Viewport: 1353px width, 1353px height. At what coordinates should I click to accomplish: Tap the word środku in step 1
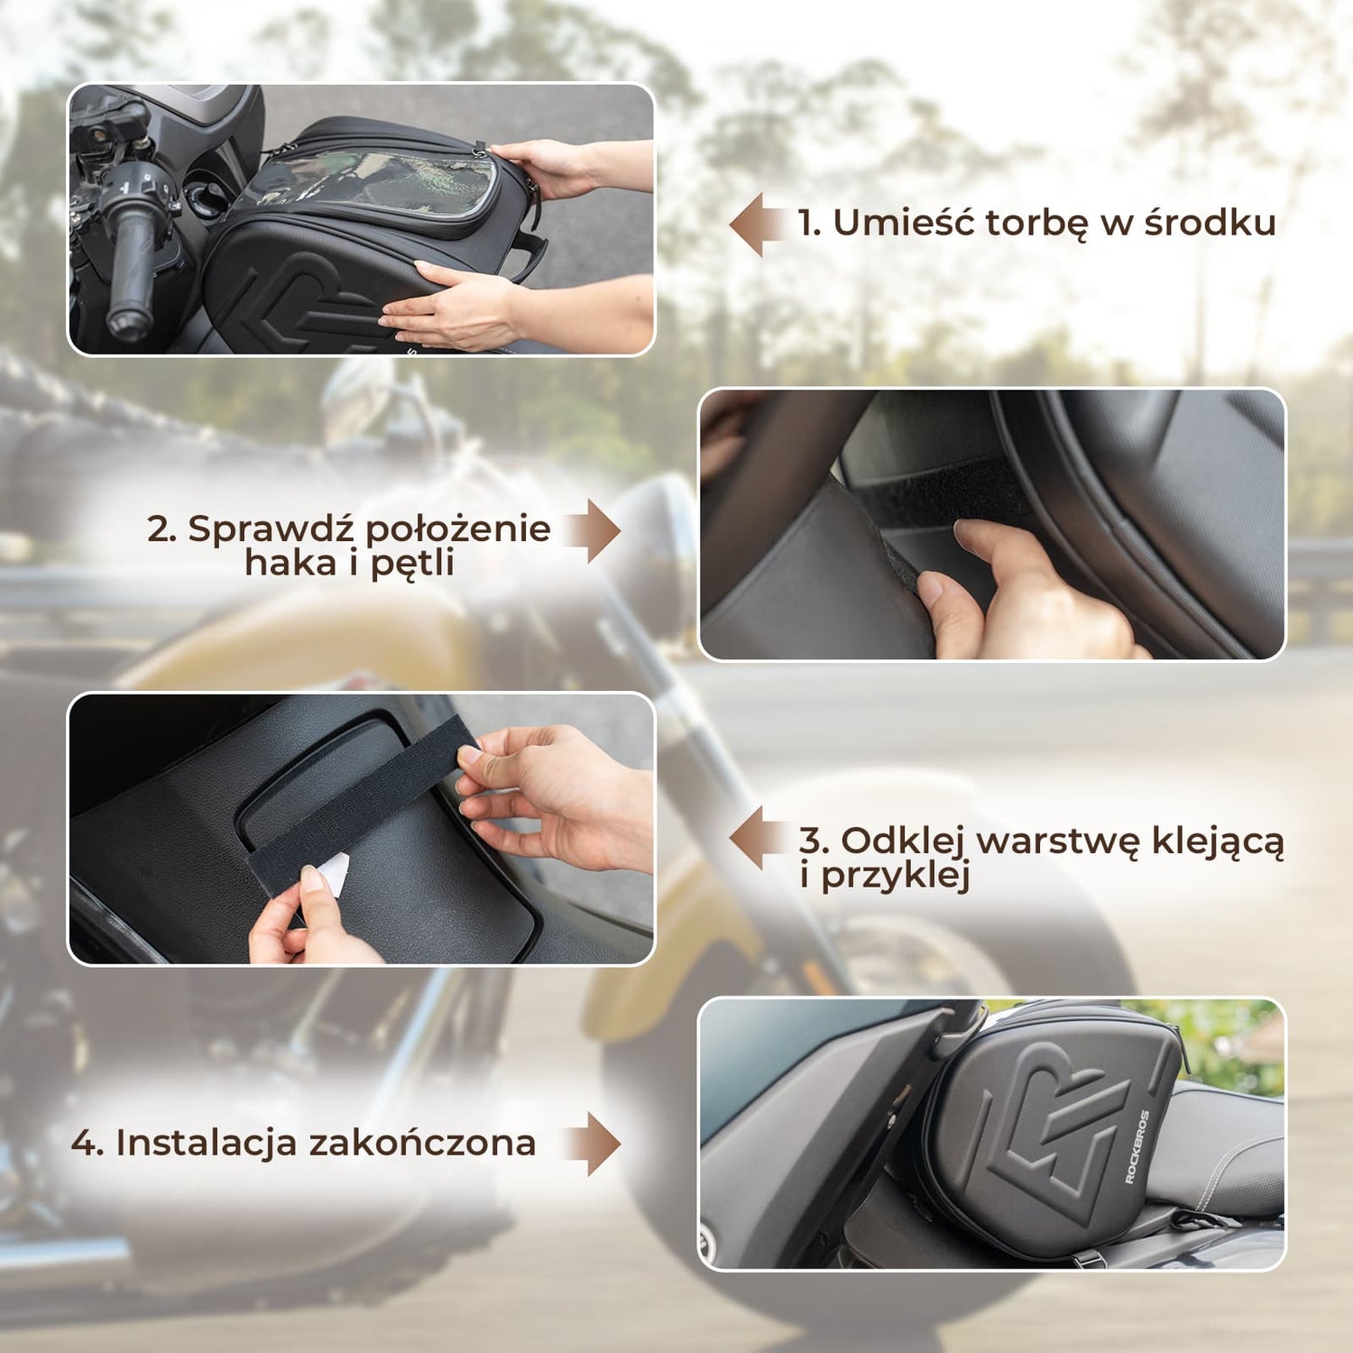1210,222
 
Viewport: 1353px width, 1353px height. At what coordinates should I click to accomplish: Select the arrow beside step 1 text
759,224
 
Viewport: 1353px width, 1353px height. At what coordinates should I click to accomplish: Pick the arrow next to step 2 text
592,530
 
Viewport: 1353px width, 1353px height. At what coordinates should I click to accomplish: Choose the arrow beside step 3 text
759,839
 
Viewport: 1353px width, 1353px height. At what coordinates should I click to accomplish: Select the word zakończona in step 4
423,1142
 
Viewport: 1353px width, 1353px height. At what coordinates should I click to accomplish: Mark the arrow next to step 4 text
592,1144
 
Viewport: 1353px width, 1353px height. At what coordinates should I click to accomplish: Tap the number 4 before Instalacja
87,1144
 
